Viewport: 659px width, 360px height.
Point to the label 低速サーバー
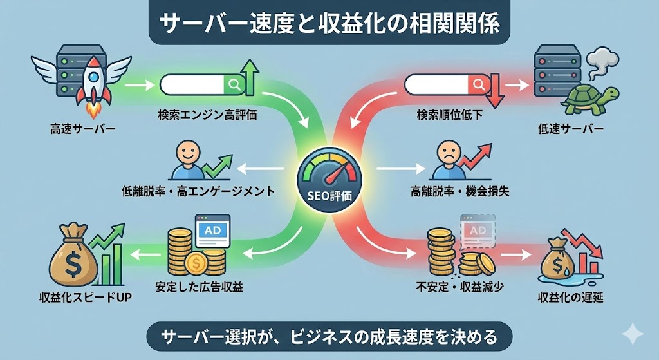tap(571, 129)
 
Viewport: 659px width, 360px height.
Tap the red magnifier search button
tap(478, 84)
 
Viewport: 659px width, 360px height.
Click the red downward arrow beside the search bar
tap(495, 90)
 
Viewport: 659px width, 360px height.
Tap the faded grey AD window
tap(477, 232)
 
